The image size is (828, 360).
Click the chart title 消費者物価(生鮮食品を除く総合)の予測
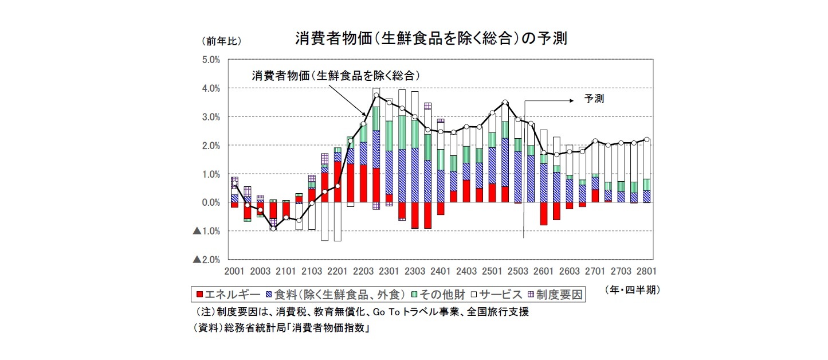430,38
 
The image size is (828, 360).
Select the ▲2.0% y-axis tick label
206,260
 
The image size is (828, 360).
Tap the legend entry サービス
495,295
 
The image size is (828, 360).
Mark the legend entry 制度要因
555,295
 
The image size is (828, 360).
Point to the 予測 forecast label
594,99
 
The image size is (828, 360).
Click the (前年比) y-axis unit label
221,41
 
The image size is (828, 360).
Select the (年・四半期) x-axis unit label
632,291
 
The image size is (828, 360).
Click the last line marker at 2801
646,139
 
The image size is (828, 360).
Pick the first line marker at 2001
234,183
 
